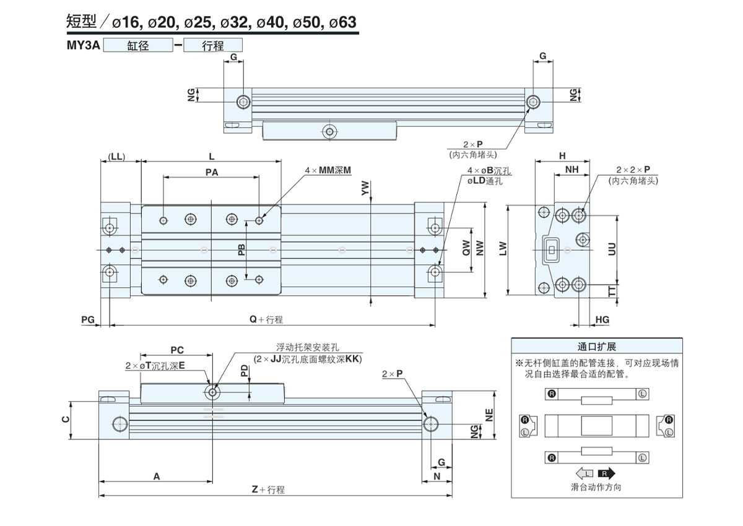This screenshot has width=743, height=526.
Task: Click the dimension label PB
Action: [242, 249]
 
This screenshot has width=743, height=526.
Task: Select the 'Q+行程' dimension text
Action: [266, 319]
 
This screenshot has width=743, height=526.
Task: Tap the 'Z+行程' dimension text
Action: [268, 489]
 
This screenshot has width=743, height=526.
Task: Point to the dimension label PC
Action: [177, 350]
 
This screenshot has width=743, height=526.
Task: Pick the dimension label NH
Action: [571, 169]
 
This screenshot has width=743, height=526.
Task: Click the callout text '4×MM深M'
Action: [328, 170]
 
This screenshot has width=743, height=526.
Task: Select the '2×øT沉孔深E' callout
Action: [155, 366]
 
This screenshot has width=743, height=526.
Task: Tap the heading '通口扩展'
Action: [597, 347]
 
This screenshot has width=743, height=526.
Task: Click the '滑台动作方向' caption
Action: [596, 487]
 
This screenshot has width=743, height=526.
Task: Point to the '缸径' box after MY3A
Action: [138, 45]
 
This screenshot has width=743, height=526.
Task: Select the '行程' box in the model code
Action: [212, 45]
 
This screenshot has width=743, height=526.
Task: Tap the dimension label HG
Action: [602, 319]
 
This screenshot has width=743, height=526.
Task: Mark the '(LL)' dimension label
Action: [116, 157]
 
